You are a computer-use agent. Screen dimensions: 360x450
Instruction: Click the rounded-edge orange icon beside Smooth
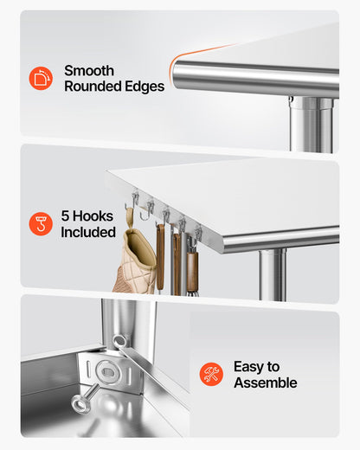41,78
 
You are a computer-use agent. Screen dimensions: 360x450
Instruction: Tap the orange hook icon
41,224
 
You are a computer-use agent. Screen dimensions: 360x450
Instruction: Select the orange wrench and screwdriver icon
211,374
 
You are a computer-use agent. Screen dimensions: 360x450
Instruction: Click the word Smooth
89,71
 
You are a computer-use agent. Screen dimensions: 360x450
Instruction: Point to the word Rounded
89,87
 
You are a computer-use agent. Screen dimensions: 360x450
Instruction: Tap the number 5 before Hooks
65,215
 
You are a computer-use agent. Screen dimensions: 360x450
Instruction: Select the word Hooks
93,215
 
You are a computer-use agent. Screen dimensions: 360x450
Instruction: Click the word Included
88,232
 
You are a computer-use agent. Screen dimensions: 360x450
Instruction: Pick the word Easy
248,367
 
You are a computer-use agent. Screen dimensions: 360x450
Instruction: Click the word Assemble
266,382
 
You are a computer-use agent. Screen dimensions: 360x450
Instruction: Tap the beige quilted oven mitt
135,261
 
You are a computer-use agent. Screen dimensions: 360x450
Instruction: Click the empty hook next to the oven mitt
147,210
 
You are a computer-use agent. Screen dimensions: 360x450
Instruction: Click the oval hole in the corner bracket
108,372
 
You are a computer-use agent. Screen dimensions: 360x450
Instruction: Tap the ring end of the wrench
119,342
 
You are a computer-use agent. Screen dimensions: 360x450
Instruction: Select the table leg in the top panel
312,125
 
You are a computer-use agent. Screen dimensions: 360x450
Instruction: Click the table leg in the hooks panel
273,275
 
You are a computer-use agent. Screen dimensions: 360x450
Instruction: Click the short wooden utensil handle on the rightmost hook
192,271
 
